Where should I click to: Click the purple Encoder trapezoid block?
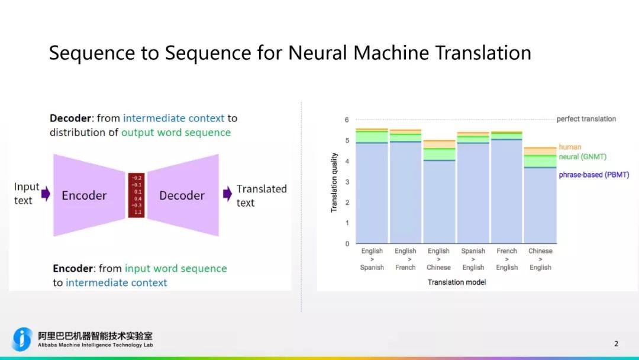click(85, 195)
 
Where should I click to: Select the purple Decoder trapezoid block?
click(182, 195)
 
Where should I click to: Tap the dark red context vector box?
click(137, 195)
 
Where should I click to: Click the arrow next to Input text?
click(46, 194)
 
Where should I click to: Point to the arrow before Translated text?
click(227, 194)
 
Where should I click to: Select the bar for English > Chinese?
click(439, 195)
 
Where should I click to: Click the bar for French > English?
click(506, 189)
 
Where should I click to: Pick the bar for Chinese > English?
click(540, 201)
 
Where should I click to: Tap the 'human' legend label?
click(570, 147)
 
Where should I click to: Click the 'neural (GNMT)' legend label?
click(582, 157)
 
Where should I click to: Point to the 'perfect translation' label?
click(586, 119)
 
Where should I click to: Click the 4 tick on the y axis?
click(347, 161)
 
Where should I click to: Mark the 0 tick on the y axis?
click(347, 243)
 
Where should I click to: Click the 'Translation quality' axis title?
click(334, 182)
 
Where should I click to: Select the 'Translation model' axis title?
click(457, 282)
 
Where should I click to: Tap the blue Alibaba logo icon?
click(22, 339)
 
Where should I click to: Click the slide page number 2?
click(616, 343)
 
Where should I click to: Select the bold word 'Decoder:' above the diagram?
click(72, 118)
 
